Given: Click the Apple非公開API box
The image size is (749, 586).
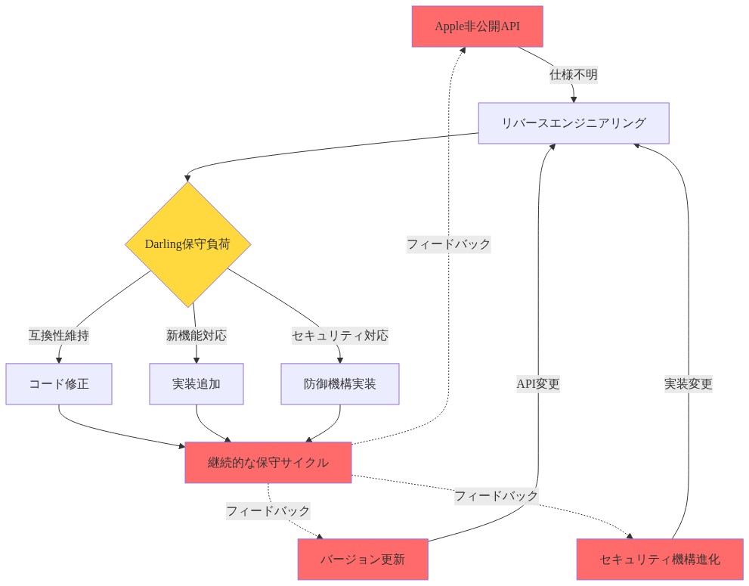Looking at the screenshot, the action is [477, 26].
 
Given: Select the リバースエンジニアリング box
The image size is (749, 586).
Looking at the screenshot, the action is [573, 122].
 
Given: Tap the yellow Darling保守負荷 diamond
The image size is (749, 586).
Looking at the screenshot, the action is [187, 244].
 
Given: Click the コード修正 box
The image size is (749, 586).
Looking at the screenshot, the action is [59, 384].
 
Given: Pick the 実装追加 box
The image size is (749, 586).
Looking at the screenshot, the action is [197, 384].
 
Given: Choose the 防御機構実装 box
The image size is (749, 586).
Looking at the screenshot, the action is [339, 384].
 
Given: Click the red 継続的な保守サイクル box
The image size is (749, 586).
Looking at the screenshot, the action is [268, 462].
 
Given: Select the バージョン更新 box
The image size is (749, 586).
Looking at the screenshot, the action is [363, 560].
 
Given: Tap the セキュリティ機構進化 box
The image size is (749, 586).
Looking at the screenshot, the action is [660, 560].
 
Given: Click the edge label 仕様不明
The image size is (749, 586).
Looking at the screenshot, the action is [573, 75].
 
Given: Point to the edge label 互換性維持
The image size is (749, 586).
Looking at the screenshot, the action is [59, 336].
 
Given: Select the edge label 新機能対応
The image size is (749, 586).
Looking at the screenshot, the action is [197, 336].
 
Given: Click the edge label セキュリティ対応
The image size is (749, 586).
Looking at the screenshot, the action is [339, 336].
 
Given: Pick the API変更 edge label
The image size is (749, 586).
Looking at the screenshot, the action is [538, 384].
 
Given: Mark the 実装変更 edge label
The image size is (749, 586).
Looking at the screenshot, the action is [689, 384].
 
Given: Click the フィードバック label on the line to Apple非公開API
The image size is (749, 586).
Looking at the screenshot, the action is [448, 244].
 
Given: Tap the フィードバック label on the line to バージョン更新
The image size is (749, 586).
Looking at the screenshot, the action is [268, 511].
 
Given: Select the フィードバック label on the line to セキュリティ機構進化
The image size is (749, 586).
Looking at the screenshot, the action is [497, 496].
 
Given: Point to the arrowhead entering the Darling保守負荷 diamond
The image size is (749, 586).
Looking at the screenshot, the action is [187, 178].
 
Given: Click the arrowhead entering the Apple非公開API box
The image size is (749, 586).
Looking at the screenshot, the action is [463, 50].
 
